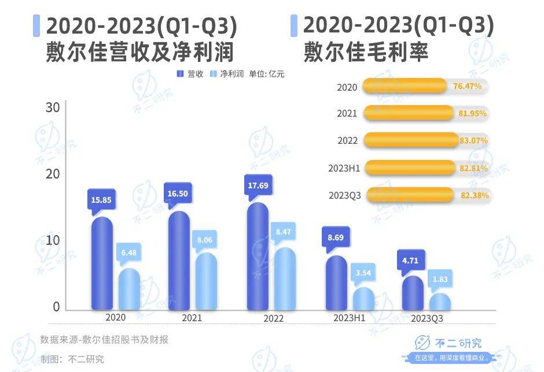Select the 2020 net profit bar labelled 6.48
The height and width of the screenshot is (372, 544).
130,289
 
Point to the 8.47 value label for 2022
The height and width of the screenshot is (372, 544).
284,232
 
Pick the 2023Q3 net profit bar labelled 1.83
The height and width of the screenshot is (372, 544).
440,302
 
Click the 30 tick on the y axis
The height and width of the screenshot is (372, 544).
53,107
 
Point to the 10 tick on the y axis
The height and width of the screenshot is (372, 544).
53,240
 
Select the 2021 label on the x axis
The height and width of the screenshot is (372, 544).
192,318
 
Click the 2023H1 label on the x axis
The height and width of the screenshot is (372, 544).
349,318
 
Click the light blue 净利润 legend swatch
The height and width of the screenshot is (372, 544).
212,74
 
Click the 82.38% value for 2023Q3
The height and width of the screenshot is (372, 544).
475,195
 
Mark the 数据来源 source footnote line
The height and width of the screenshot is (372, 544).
104,340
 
